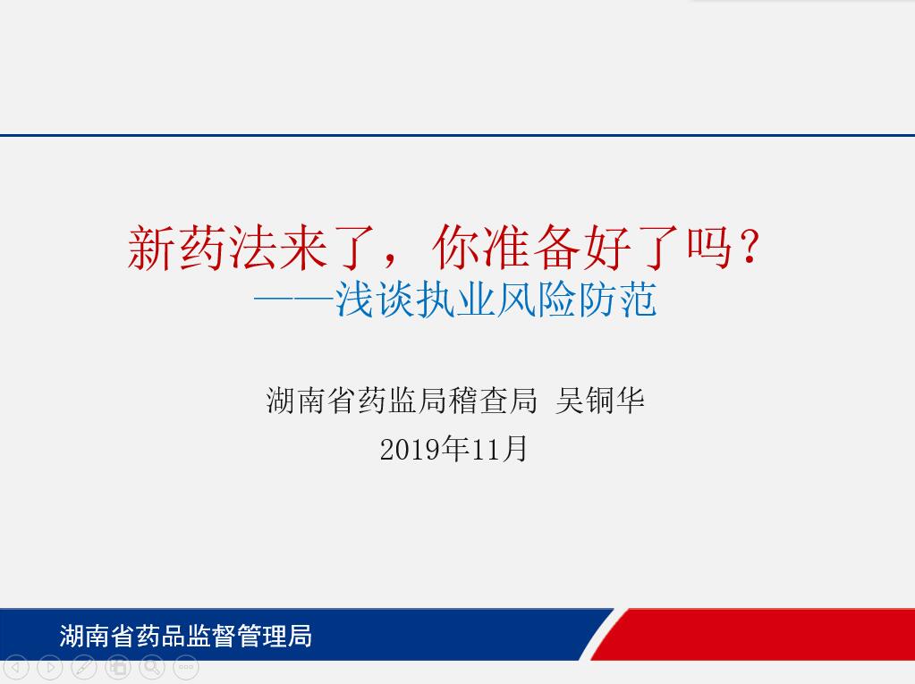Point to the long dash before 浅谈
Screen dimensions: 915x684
pyautogui.click(x=293, y=301)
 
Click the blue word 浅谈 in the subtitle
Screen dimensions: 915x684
pyautogui.click(x=374, y=300)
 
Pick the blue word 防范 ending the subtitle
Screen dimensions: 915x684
pyautogui.click(x=617, y=300)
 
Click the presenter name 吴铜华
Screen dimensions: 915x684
pyautogui.click(x=600, y=401)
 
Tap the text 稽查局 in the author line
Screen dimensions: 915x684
pyautogui.click(x=492, y=401)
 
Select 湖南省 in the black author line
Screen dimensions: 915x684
pyautogui.click(x=311, y=401)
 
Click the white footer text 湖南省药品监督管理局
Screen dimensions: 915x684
pyautogui.click(x=185, y=636)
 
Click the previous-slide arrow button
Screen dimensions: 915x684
pyautogui.click(x=16, y=667)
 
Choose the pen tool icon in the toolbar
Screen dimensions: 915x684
pyautogui.click(x=83, y=667)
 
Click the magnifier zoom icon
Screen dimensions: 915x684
pyautogui.click(x=152, y=667)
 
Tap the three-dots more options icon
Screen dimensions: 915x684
pyautogui.click(x=185, y=667)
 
